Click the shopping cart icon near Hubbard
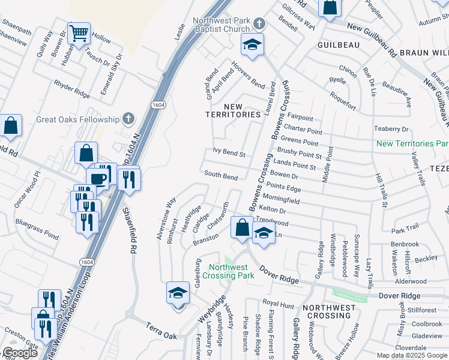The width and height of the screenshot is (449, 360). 79,34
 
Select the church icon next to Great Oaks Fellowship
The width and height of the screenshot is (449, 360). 127,119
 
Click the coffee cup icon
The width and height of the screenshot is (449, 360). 97,178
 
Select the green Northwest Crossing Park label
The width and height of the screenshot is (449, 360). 232,271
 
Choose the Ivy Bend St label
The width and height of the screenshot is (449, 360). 229,154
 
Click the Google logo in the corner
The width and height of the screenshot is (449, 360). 20,353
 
